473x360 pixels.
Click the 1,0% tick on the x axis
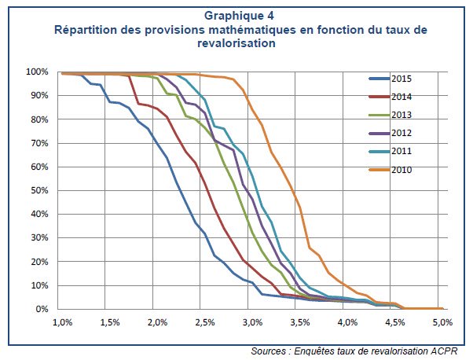[62, 323]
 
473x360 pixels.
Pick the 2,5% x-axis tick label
[204, 323]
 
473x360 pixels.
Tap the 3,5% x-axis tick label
[299, 323]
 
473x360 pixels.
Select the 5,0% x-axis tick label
[442, 323]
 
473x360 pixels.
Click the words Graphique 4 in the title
[241, 16]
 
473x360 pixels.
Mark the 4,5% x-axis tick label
[394, 323]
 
